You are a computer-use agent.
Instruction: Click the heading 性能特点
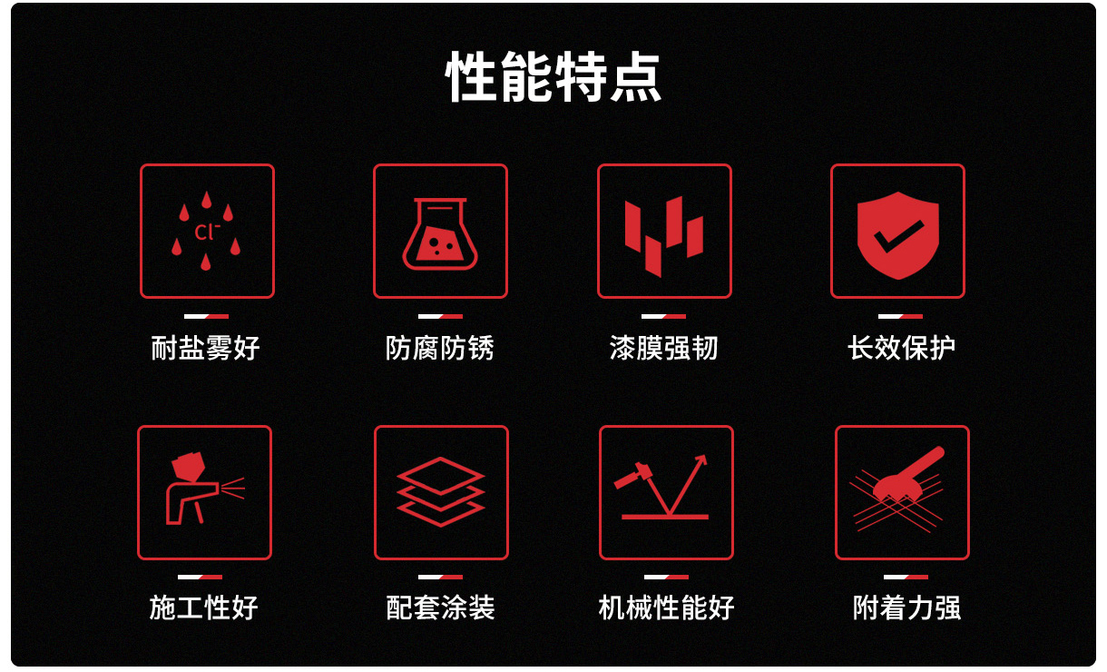[553, 76]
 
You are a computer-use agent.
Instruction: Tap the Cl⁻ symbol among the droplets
[207, 232]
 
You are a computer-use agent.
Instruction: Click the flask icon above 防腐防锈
[440, 234]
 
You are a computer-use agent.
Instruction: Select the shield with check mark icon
[898, 235]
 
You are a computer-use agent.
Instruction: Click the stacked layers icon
[441, 491]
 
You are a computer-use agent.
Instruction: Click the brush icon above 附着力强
[908, 475]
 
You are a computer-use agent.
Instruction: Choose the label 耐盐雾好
[206, 348]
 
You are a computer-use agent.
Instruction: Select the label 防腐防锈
[440, 348]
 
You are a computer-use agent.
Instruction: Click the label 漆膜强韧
[663, 348]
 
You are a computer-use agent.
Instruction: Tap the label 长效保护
[901, 348]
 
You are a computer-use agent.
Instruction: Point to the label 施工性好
[203, 608]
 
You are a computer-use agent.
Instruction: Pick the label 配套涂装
[440, 608]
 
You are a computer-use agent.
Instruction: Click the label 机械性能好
[666, 608]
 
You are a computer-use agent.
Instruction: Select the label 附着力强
[906, 608]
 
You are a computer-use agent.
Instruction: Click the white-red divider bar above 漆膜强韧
[663, 316]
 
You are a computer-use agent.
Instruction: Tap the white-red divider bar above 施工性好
[201, 577]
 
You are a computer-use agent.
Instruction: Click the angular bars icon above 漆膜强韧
[663, 236]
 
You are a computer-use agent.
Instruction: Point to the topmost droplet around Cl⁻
[207, 200]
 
